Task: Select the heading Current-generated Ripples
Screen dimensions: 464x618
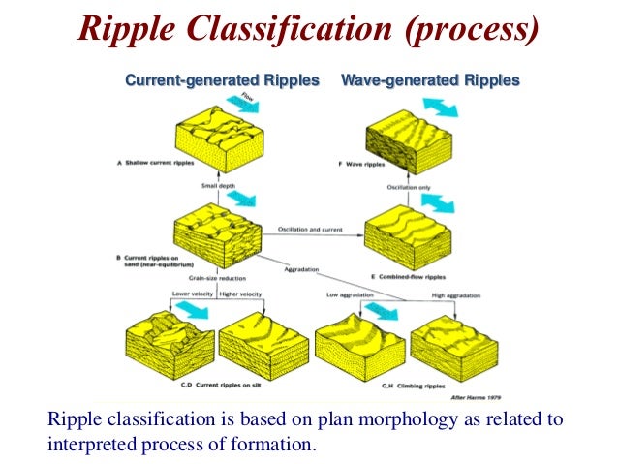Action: click(222, 80)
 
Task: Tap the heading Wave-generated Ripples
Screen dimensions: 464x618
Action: click(430, 80)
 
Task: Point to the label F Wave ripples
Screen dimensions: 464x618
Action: click(364, 164)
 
